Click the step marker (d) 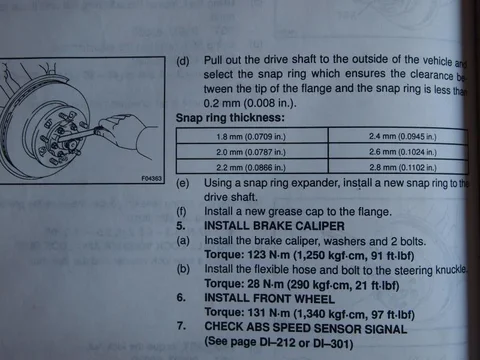[x=182, y=60]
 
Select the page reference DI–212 [x=279, y=342]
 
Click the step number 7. [x=179, y=327]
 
